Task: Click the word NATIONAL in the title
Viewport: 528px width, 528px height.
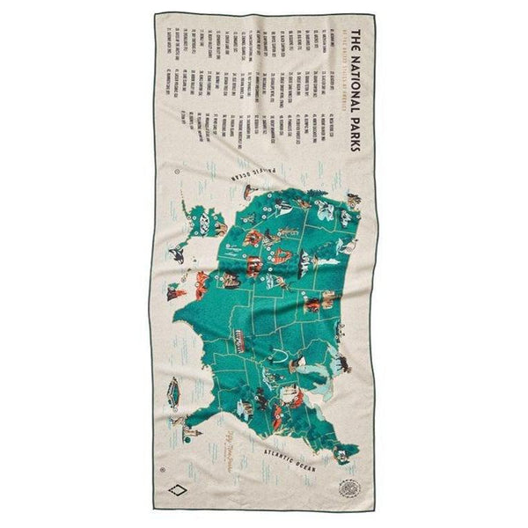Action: click(x=355, y=86)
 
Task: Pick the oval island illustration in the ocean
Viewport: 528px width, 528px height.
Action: click(x=172, y=387)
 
